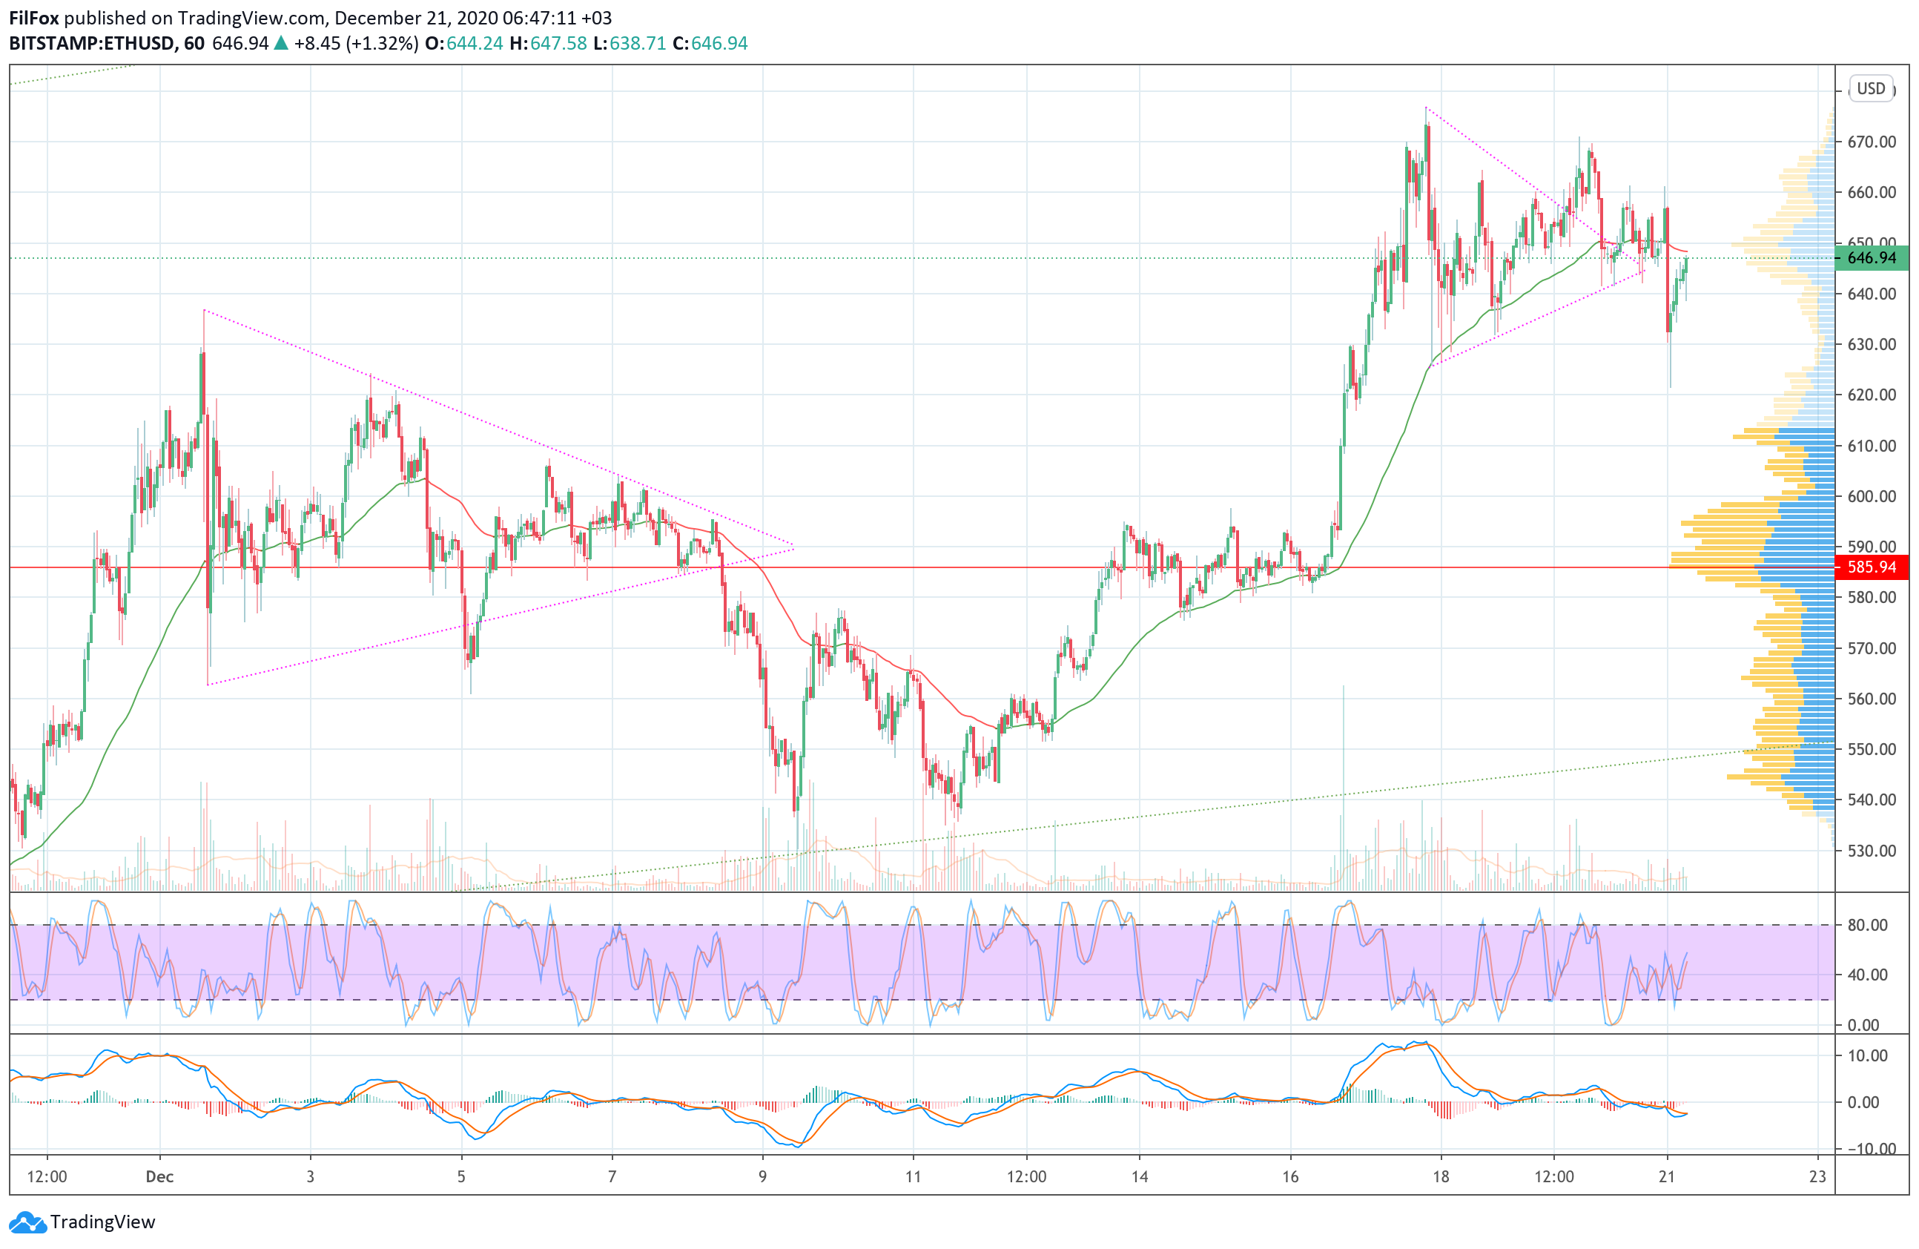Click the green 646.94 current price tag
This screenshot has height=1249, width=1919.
[x=1871, y=258]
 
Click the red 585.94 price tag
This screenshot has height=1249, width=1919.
[x=1871, y=567]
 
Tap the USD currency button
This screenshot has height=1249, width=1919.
[x=1871, y=89]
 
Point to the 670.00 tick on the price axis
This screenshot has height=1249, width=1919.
[x=1871, y=142]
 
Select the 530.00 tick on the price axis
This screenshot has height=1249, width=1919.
[x=1871, y=850]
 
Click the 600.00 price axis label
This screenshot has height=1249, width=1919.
[x=1871, y=496]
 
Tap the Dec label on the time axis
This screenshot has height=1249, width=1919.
[x=159, y=1176]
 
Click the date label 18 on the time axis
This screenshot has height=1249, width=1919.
[x=1440, y=1176]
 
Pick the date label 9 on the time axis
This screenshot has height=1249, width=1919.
[x=762, y=1176]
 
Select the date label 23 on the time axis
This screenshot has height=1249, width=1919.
[x=1817, y=1176]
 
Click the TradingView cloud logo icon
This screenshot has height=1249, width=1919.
[x=27, y=1222]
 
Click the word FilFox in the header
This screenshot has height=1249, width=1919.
[x=34, y=18]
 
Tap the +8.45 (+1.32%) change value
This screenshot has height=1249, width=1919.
[x=356, y=44]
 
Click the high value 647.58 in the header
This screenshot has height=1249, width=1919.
[x=558, y=44]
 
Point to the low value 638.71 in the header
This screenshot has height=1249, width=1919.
[x=637, y=44]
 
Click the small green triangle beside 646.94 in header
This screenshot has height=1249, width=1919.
[x=280, y=44]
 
